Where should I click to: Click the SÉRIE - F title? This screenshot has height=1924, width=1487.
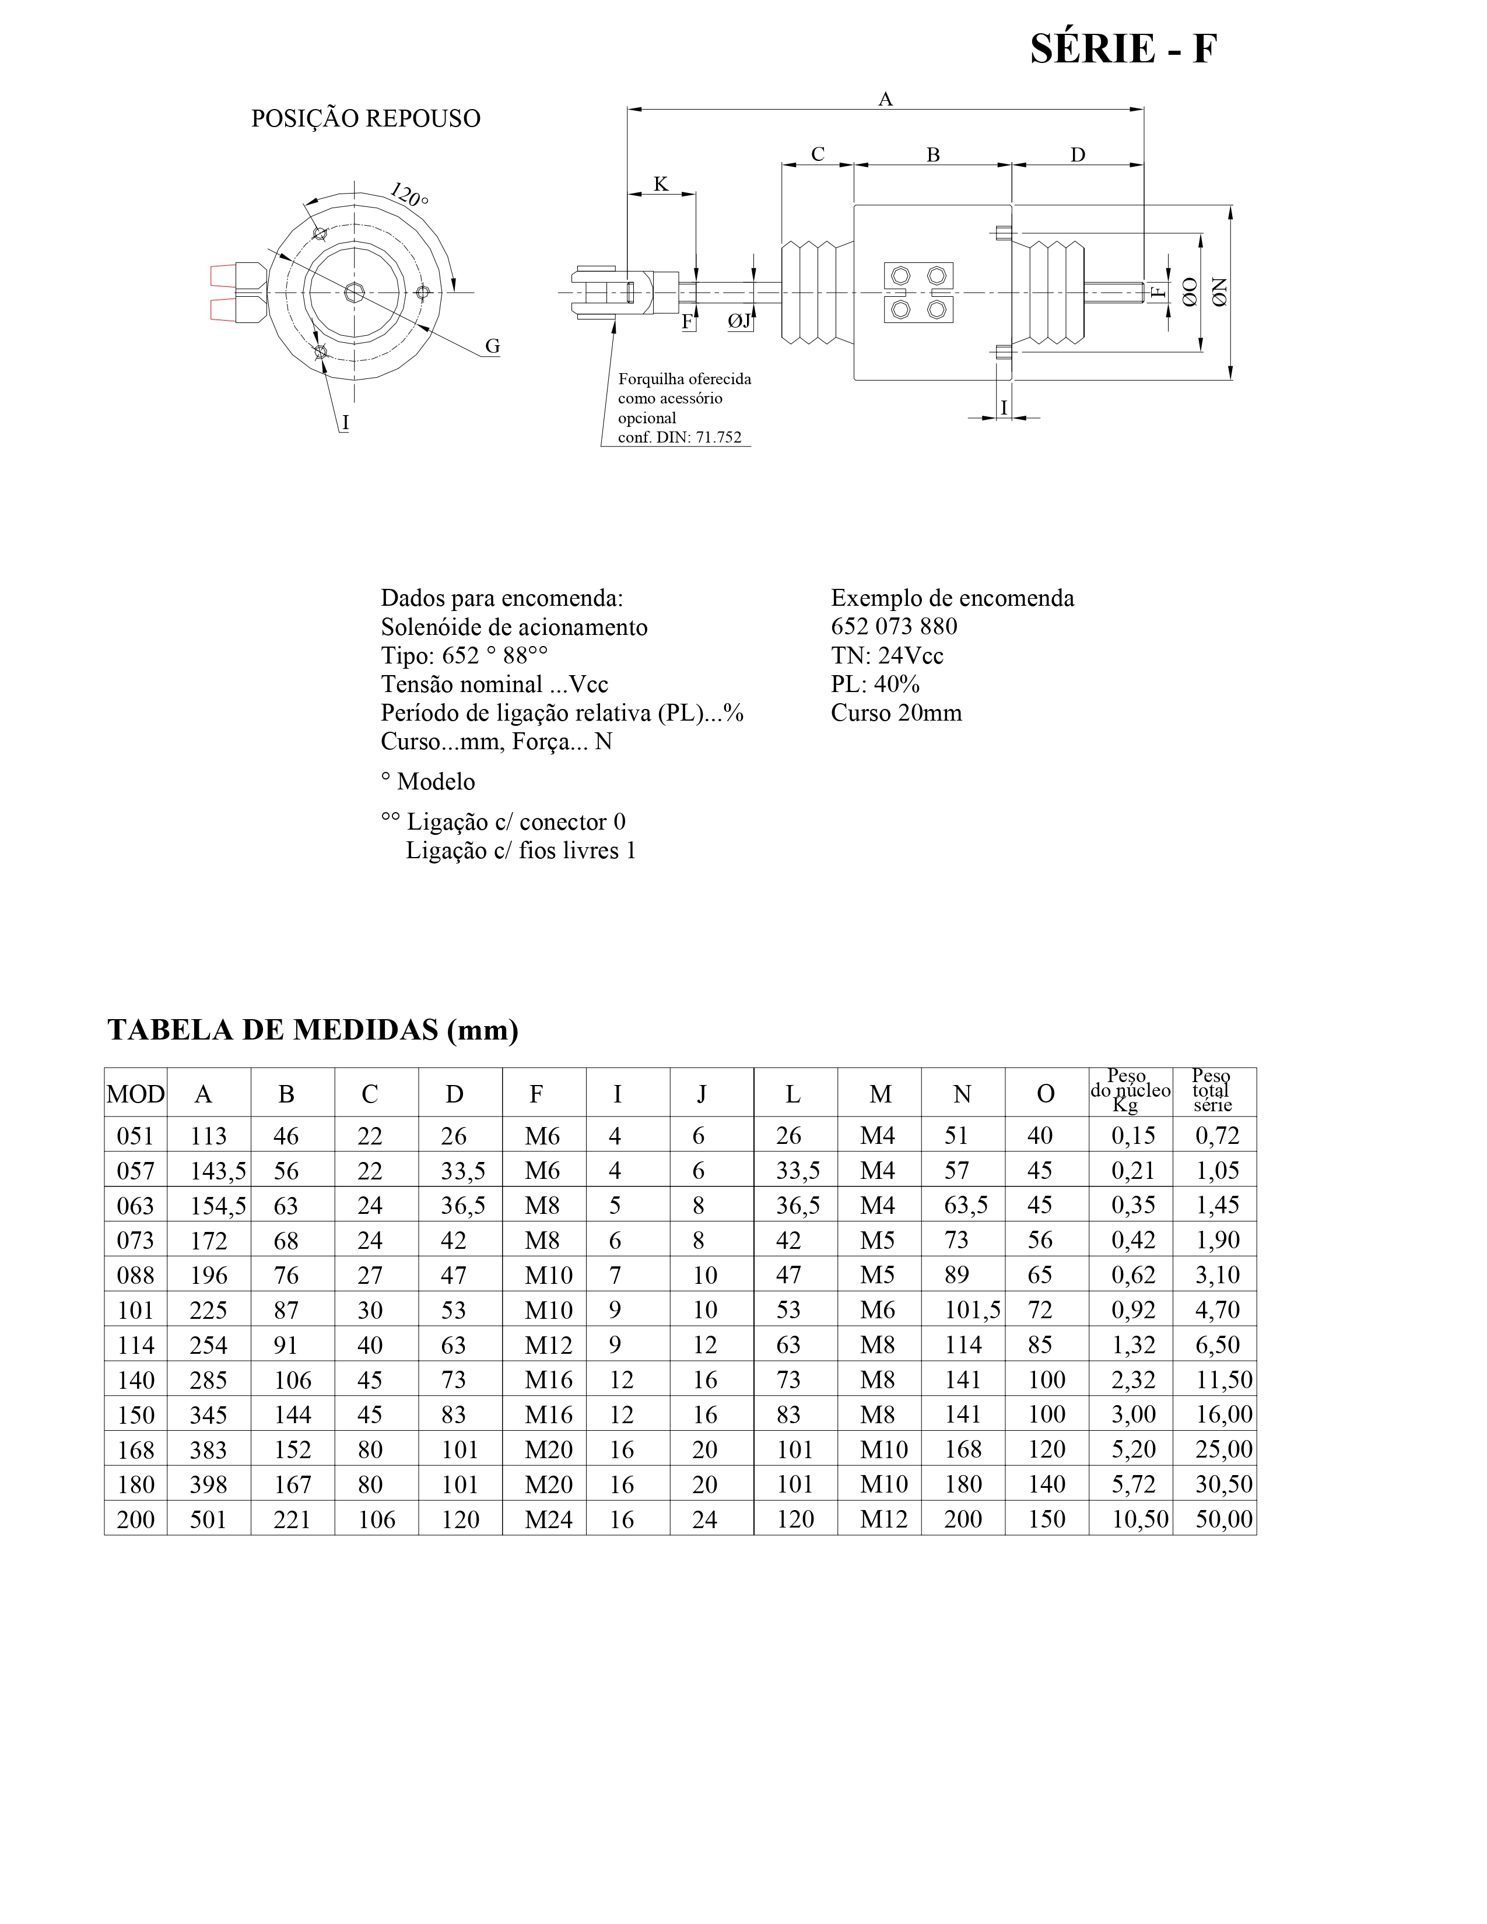point(1123,50)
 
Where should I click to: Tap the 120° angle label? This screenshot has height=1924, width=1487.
point(409,195)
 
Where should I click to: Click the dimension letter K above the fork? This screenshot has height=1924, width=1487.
point(661,184)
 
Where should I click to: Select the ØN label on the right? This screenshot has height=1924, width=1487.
point(1219,292)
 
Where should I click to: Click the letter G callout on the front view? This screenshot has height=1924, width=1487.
point(492,347)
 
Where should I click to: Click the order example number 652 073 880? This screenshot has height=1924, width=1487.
point(893,626)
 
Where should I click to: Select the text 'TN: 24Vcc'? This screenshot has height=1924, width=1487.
point(886,655)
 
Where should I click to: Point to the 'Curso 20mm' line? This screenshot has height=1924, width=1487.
point(896,712)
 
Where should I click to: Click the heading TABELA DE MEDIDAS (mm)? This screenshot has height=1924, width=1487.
point(313,1029)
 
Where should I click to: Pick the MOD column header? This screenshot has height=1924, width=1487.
point(136,1094)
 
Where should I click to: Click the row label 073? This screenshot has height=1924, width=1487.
point(136,1240)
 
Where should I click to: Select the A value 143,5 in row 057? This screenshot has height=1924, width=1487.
point(218,1171)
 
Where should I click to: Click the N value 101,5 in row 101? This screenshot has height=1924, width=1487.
point(973,1310)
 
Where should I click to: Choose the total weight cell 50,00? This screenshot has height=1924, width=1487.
point(1223,1519)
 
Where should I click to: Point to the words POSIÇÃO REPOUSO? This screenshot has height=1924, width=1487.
point(366,119)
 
